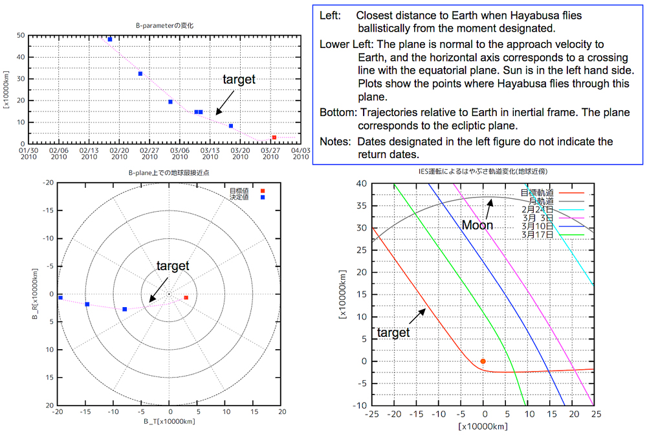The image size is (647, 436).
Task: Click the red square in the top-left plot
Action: (274, 137)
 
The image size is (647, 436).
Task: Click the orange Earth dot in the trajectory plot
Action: (483, 361)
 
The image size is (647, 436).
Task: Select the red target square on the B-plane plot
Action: (186, 297)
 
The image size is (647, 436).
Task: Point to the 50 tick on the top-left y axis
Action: (21, 35)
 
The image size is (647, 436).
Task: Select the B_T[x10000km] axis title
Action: (170, 421)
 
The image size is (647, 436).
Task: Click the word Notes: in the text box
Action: (335, 141)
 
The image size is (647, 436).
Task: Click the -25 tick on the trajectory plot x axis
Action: (372, 413)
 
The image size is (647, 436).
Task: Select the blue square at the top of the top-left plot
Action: (110, 39)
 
